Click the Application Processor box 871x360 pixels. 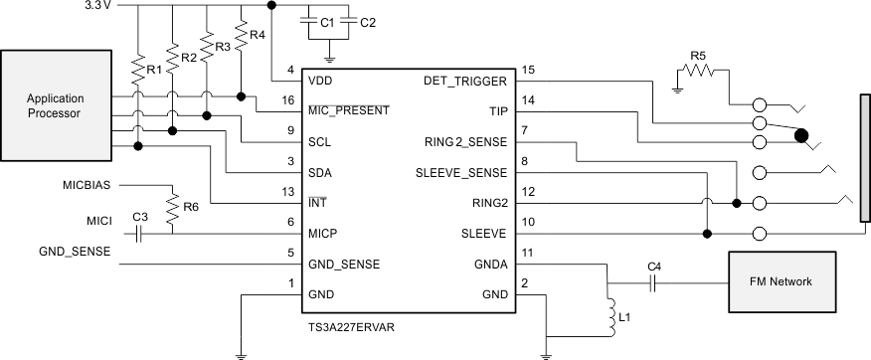(55, 105)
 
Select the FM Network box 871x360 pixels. (781, 281)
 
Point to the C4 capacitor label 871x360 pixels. (653, 267)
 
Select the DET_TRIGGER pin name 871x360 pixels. (465, 81)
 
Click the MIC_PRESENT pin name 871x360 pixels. (349, 110)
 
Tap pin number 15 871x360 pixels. (529, 70)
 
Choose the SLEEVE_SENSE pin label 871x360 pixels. (461, 173)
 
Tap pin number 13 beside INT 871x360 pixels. (289, 191)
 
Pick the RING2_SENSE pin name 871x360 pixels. (465, 142)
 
